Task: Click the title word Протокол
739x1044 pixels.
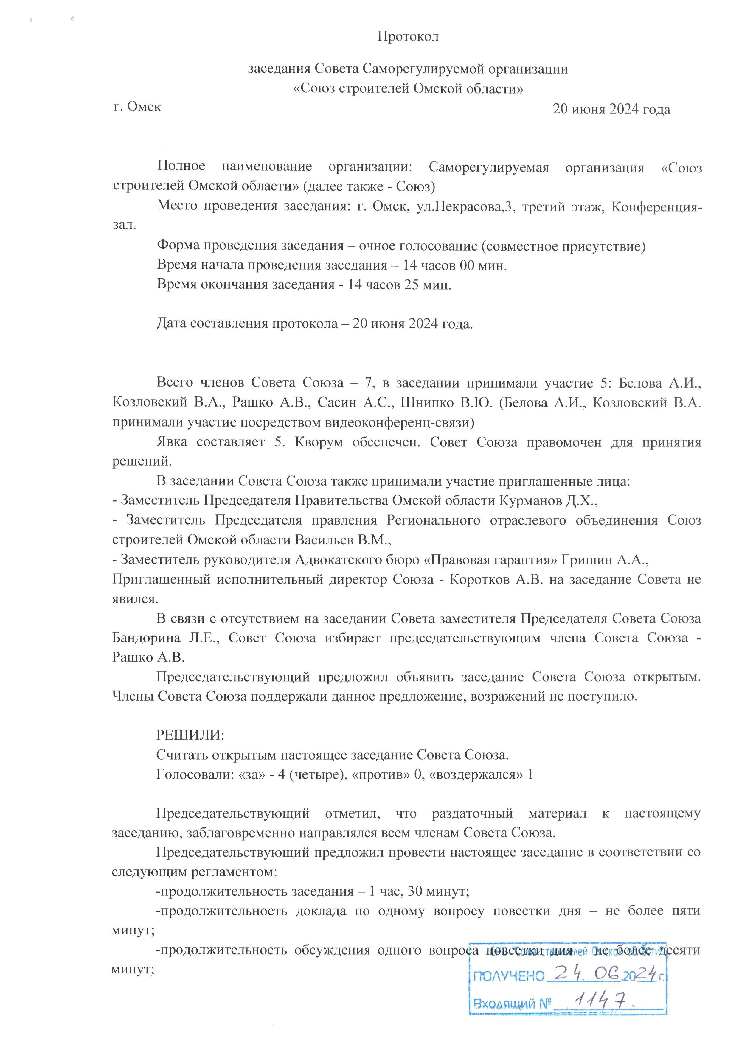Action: pos(408,36)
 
